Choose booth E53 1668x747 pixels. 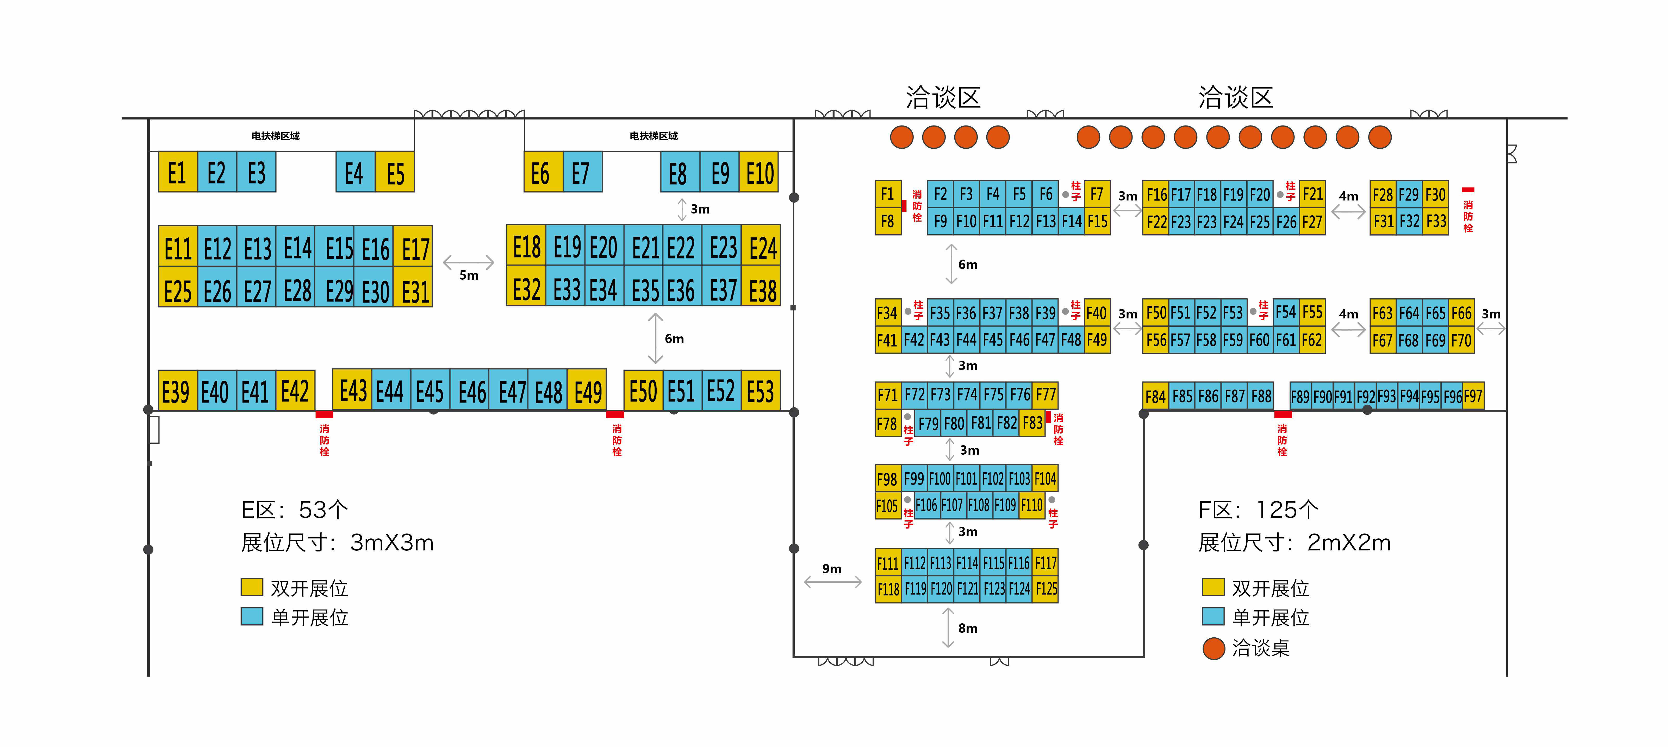(x=760, y=391)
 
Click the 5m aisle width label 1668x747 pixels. (x=469, y=275)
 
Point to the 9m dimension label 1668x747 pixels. (x=831, y=568)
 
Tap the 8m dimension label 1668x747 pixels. (x=967, y=628)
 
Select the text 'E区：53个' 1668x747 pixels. (x=295, y=510)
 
